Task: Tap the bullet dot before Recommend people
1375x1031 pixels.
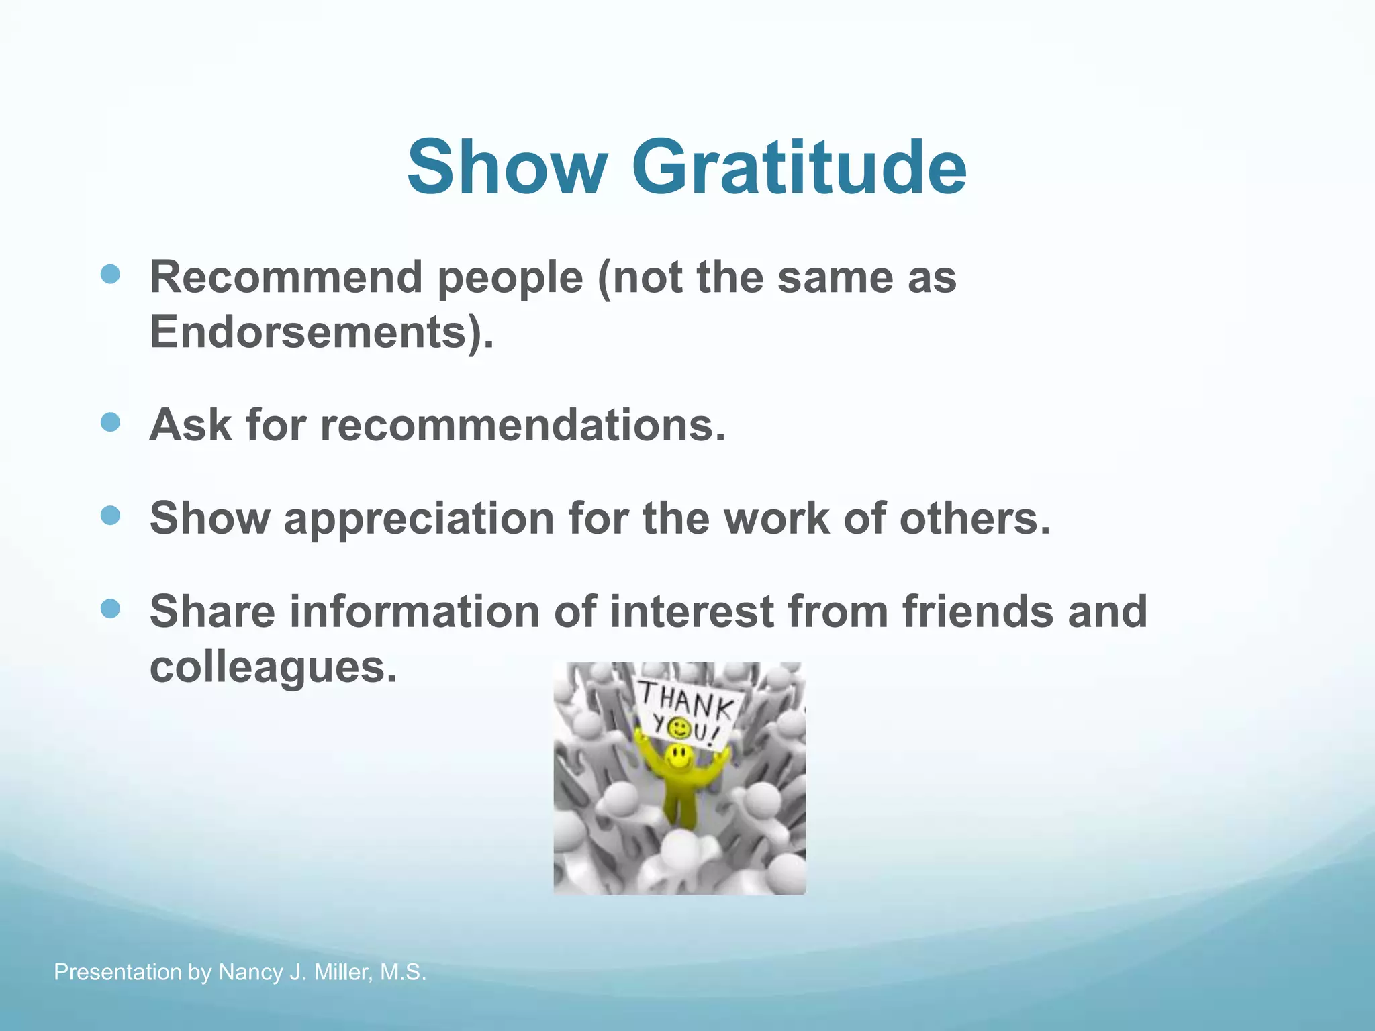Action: click(110, 274)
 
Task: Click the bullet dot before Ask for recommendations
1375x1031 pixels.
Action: click(110, 422)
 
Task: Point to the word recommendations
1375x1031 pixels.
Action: click(522, 426)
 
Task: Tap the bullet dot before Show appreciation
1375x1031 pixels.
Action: click(110, 515)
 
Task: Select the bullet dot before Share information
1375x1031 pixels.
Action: click(110, 609)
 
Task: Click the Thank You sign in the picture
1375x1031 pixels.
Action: click(686, 713)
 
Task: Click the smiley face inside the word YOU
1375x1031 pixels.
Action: click(679, 727)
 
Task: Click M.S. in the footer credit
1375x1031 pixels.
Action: click(403, 972)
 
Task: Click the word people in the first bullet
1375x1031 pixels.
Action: click(511, 277)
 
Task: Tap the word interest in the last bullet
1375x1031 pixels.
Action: click(692, 611)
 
